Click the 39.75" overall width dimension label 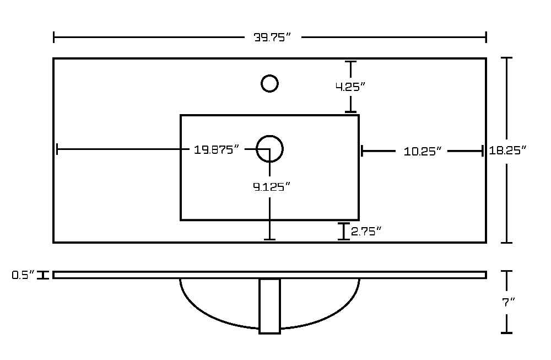(272, 37)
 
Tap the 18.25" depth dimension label (508, 151)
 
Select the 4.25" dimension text (350, 87)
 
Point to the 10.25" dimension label (422, 152)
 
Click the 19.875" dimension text (217, 150)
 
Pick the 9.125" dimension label (272, 187)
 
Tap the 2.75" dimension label (366, 232)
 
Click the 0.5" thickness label (24, 275)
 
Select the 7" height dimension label (508, 302)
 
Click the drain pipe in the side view (270, 306)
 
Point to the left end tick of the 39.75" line (54, 37)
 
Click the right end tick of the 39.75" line (486, 37)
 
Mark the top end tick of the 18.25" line (506, 58)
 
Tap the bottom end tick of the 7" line (506, 332)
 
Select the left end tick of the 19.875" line (57, 149)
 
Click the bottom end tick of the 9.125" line (269, 240)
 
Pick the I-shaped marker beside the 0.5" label (43, 275)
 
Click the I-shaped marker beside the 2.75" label (344, 232)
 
